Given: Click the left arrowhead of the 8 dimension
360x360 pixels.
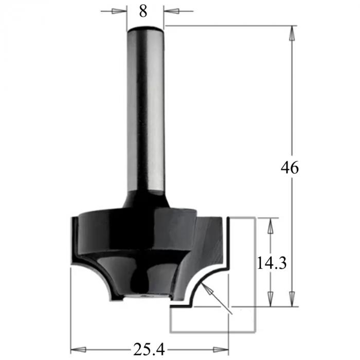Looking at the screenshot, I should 121,11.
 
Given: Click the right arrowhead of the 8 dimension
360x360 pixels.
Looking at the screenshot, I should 169,11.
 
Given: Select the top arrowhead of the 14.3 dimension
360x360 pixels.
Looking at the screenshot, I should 268,224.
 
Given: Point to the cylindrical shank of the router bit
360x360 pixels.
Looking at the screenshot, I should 146,113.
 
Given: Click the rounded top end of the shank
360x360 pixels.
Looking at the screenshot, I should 146,27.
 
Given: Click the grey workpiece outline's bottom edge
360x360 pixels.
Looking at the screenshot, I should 213,332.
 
